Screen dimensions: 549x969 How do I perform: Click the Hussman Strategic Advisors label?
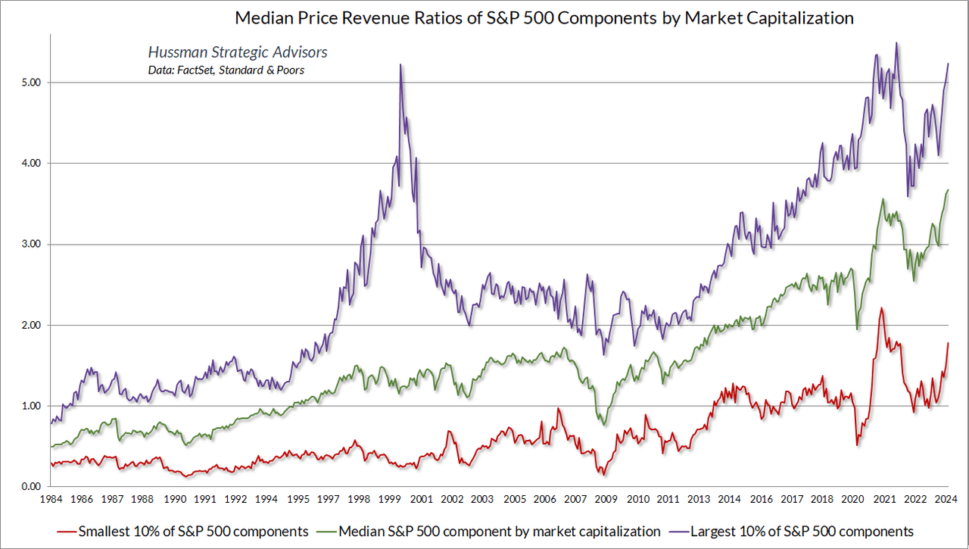click(x=236, y=53)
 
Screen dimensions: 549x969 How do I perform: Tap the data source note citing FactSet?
click(x=226, y=70)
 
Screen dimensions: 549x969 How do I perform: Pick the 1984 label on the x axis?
click(x=51, y=500)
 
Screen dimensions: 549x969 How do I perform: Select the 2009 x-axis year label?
click(x=607, y=500)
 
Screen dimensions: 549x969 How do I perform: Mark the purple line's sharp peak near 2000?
click(x=400, y=65)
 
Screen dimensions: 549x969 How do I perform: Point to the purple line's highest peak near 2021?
click(x=897, y=43)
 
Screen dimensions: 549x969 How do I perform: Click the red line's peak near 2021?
click(x=881, y=308)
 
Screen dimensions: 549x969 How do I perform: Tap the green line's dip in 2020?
click(x=857, y=329)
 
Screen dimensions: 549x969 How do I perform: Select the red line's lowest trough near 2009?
click(x=603, y=475)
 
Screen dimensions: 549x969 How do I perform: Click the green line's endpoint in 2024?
click(x=948, y=190)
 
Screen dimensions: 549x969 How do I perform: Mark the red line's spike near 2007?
click(x=558, y=409)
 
